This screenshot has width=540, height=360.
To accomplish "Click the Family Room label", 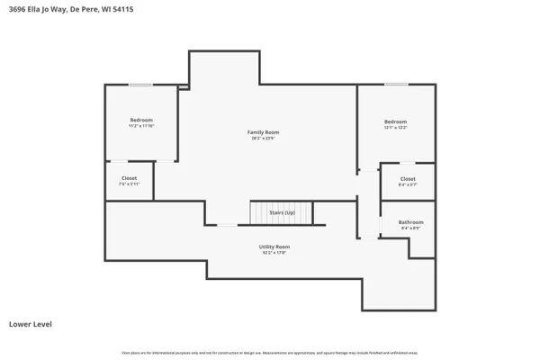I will [x=263, y=132].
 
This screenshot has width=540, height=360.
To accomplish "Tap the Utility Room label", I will [x=275, y=247].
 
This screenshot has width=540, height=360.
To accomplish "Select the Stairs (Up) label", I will [x=282, y=213].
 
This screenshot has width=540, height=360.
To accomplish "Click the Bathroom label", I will [x=410, y=222].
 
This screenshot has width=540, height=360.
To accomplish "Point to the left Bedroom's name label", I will [x=141, y=120].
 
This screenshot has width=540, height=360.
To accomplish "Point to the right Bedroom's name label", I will [x=395, y=121].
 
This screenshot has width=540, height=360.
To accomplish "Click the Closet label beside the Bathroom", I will [x=408, y=179].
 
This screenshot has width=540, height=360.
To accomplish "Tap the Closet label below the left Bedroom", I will [x=129, y=178].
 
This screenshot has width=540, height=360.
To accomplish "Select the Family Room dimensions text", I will [x=263, y=139].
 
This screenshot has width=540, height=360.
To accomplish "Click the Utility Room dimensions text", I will [x=275, y=253].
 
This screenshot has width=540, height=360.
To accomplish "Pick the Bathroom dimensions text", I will [x=410, y=229].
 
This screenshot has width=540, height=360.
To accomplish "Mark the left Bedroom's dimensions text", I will [x=141, y=126].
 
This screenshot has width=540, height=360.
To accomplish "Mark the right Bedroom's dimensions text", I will [x=395, y=128].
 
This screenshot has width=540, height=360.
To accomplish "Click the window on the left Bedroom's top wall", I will [x=139, y=85].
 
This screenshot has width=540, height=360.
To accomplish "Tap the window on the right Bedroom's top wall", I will [x=396, y=85].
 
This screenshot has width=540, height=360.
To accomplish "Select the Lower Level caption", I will [x=30, y=323].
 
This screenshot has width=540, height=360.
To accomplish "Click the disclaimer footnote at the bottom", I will [x=270, y=352].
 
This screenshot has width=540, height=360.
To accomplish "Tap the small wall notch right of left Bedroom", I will [x=183, y=87].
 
